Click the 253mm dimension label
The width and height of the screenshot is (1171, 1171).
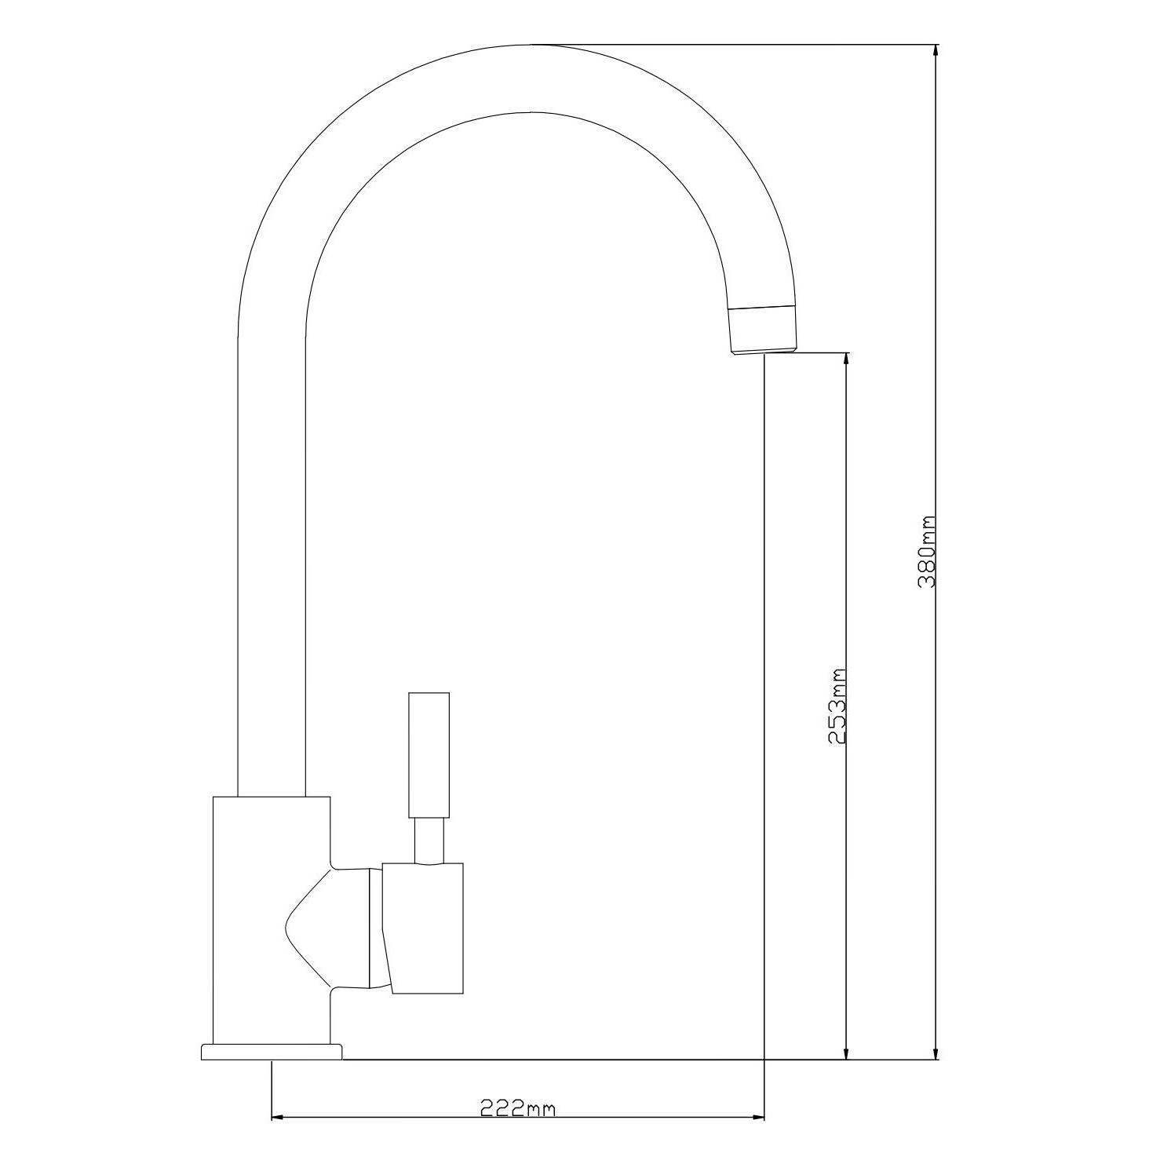click(837, 706)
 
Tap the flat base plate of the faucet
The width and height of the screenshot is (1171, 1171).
click(272, 1052)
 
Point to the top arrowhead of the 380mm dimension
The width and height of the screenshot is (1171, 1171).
click(935, 52)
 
